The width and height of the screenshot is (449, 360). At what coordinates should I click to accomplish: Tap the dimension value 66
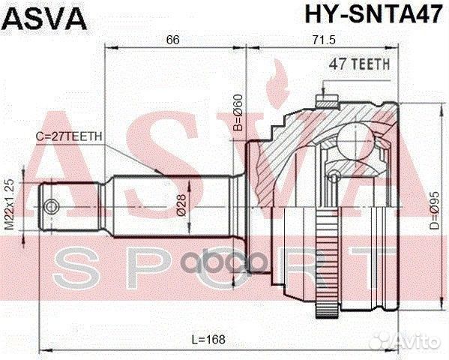pos(173,39)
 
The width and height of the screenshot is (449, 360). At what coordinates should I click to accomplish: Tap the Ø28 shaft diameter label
pos(182,202)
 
